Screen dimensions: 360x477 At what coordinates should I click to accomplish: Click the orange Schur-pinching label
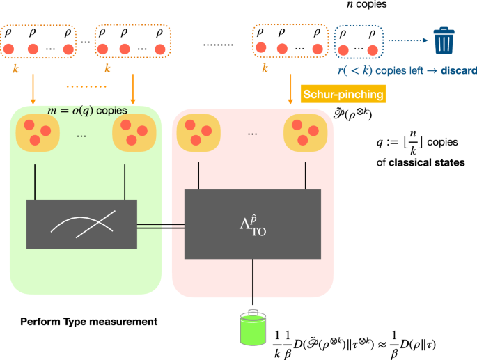(343, 93)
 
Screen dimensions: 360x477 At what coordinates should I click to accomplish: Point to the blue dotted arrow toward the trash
(407, 40)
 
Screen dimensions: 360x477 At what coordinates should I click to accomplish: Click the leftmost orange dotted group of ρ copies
(38, 42)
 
